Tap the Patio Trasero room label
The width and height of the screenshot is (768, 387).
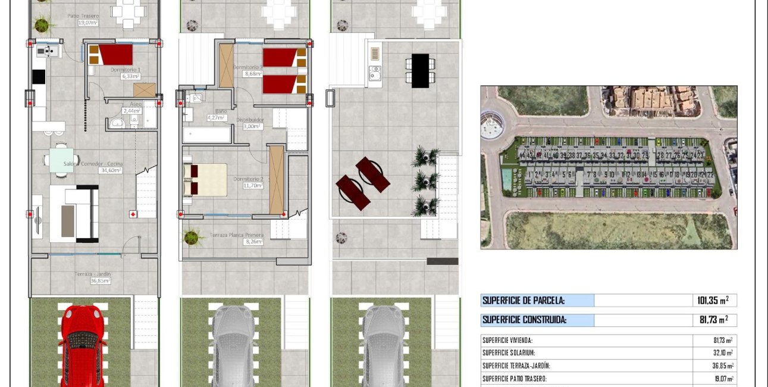(83, 16)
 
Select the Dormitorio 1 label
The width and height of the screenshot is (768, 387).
(126, 70)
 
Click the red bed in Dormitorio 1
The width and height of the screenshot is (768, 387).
(112, 55)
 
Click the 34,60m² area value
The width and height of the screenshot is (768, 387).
(110, 170)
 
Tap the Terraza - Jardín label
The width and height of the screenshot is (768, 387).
(92, 274)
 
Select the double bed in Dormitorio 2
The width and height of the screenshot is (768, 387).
(205, 180)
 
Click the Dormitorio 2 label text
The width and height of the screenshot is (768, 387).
(248, 179)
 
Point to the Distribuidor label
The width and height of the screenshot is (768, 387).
(250, 120)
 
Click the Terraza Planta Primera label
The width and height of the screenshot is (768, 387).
(236, 235)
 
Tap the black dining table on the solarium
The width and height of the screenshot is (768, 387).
(420, 70)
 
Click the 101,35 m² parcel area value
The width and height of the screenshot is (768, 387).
(713, 301)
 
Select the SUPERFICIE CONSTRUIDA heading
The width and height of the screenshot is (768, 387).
(524, 320)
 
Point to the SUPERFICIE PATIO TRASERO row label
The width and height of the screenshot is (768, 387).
(515, 379)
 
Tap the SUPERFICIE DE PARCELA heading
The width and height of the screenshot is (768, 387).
(524, 301)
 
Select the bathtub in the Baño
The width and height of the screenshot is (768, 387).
(206, 135)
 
